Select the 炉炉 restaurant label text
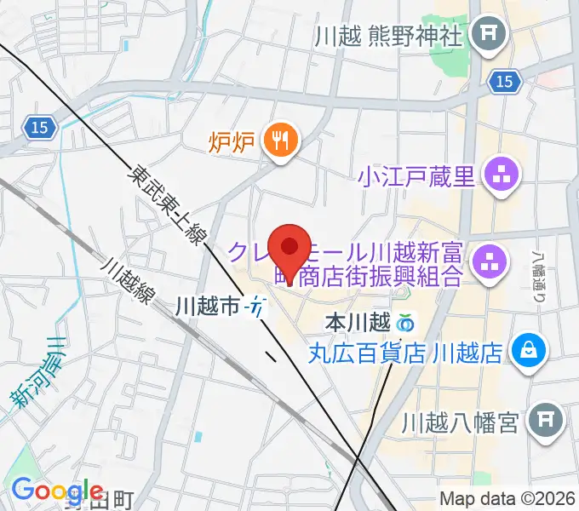232,141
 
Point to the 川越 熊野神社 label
387,37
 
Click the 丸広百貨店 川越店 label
405,352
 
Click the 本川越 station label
358,324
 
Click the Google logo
58,491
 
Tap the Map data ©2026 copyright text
506,498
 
